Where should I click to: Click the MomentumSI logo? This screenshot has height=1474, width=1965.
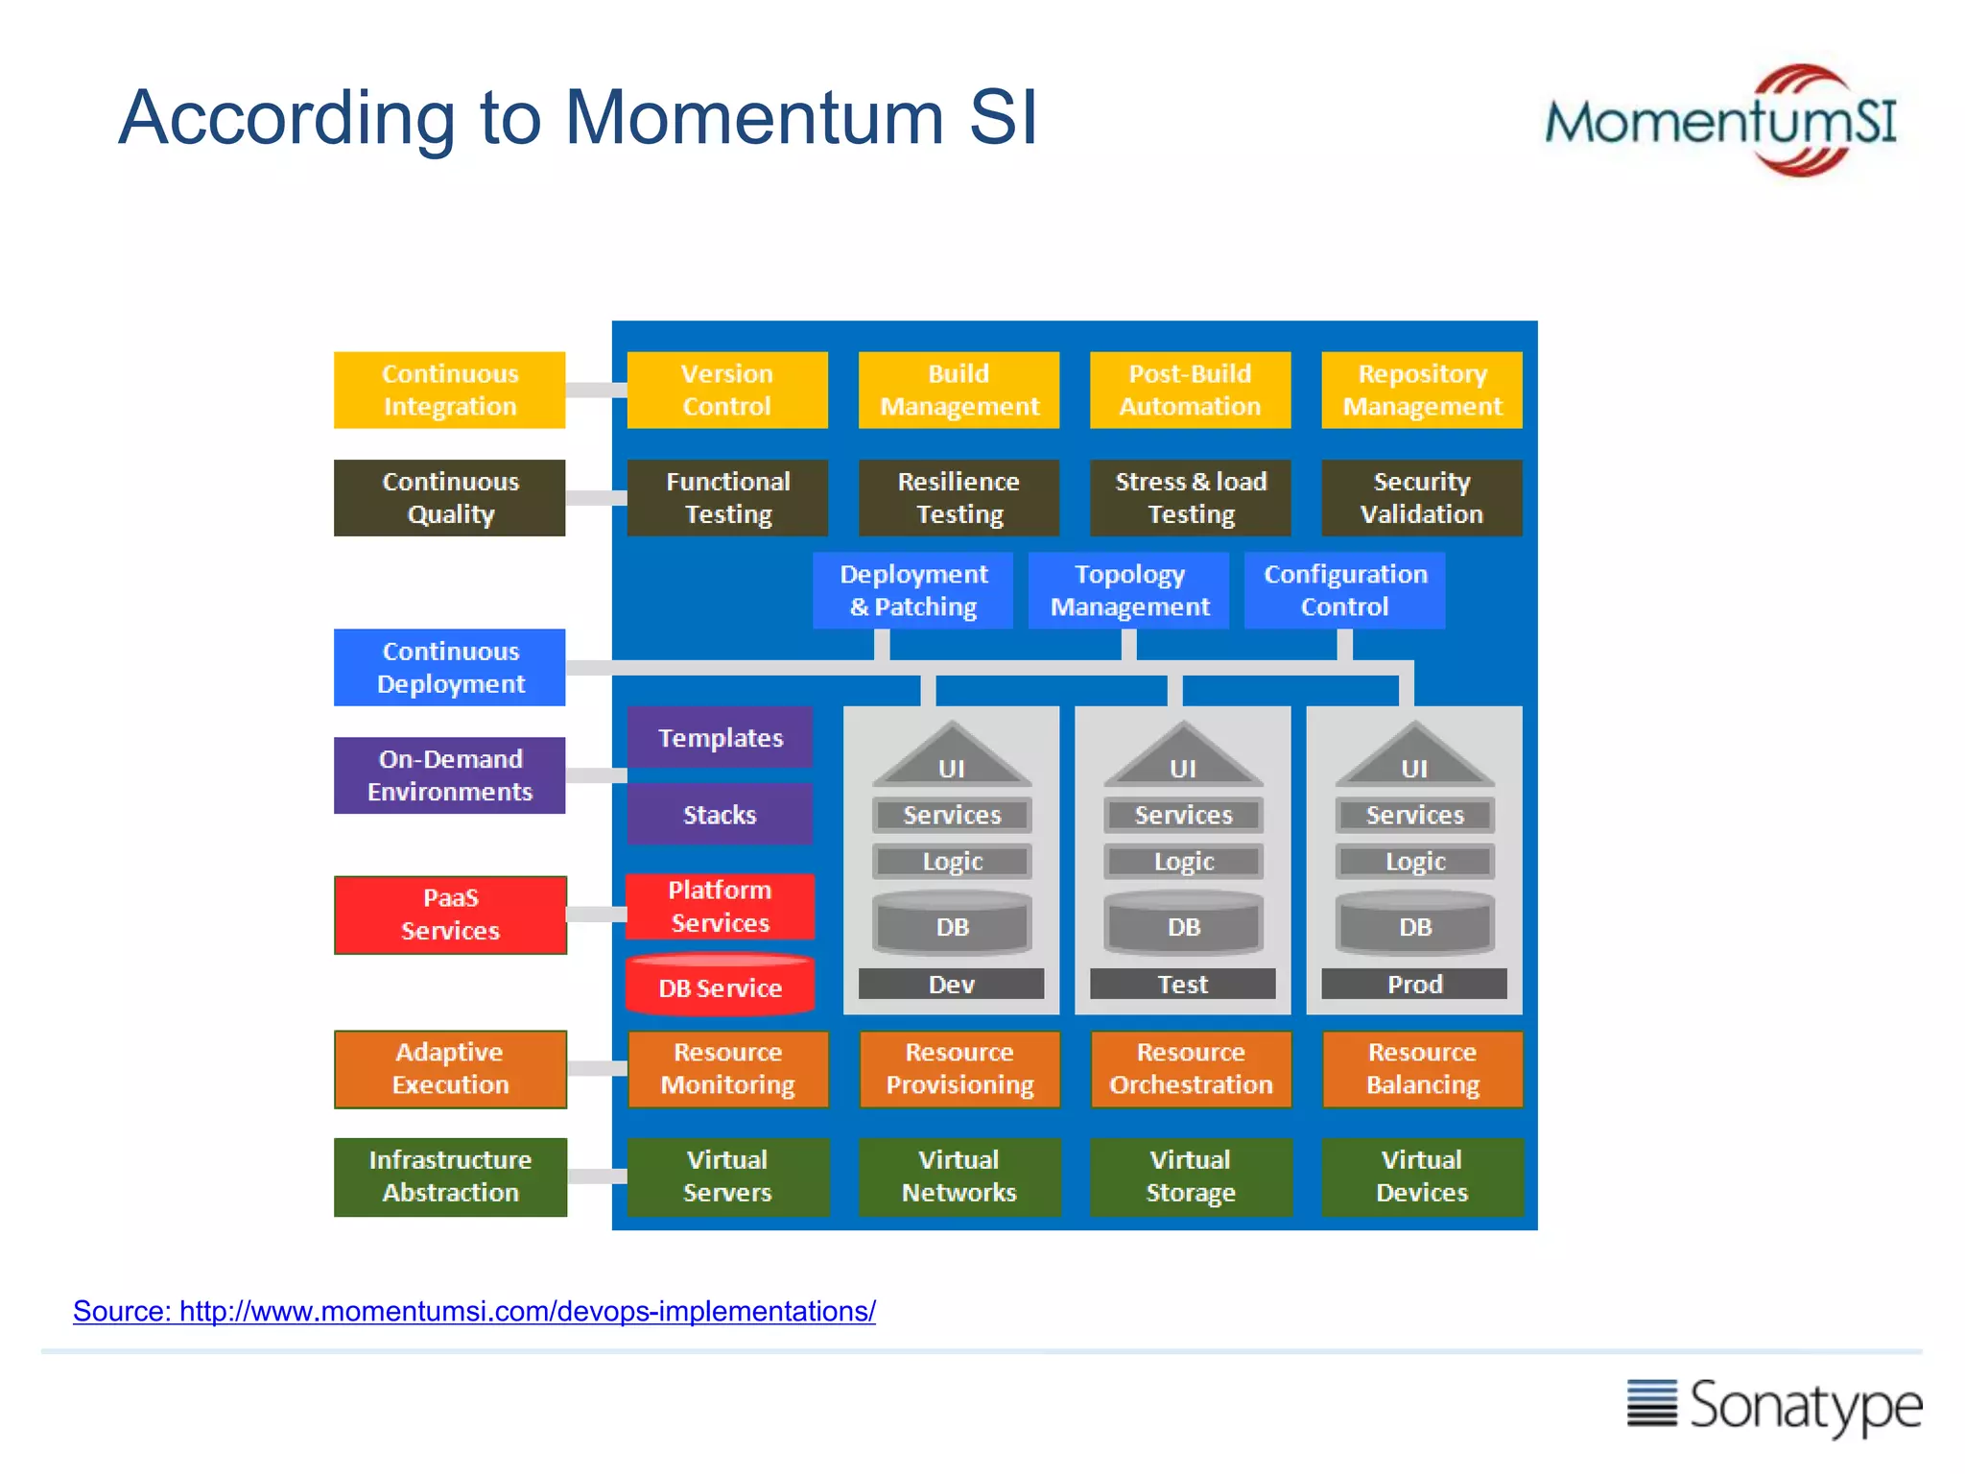(x=1719, y=122)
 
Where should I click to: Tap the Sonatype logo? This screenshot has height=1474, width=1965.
(x=1774, y=1406)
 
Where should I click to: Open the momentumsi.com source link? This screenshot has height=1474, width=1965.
(x=474, y=1311)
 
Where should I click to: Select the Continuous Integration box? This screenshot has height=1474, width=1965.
(x=449, y=390)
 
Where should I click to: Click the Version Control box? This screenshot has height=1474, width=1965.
(x=726, y=390)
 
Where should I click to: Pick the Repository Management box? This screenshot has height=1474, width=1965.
(x=1421, y=390)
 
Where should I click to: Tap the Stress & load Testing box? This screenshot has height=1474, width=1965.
(x=1190, y=497)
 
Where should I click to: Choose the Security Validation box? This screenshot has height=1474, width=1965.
(x=1421, y=497)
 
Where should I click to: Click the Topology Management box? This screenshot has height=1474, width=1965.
(x=1128, y=590)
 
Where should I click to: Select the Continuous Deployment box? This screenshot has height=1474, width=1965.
(x=449, y=667)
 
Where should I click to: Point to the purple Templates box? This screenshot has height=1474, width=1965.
(x=720, y=737)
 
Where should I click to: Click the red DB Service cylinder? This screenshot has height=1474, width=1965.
(x=720, y=985)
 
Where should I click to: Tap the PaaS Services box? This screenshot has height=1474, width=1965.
(x=450, y=915)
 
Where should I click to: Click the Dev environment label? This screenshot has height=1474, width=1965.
(x=951, y=984)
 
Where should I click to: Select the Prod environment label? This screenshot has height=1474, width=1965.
(x=1413, y=984)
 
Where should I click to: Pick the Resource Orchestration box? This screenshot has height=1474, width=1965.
(x=1191, y=1068)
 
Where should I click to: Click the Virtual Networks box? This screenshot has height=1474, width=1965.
(x=959, y=1177)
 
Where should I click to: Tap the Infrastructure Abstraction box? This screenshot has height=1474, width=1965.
(x=450, y=1177)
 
